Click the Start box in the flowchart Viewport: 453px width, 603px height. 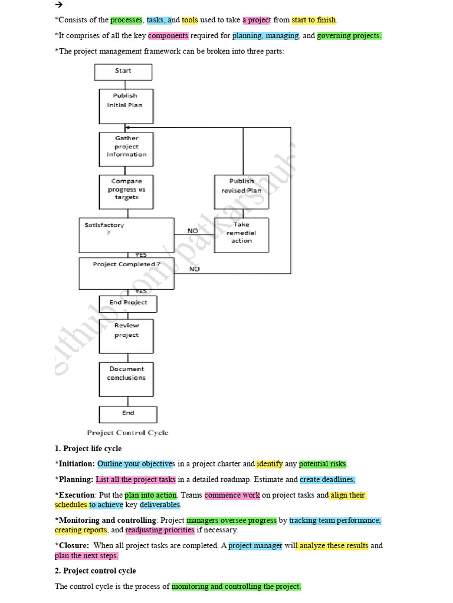tap(123, 71)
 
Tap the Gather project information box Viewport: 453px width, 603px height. tap(126, 147)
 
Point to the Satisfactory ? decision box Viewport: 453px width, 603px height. tap(126, 234)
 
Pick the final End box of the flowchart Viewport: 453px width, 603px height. tap(128, 413)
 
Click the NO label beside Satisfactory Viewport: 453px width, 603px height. tap(193, 231)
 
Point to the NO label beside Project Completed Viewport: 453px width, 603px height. tap(195, 269)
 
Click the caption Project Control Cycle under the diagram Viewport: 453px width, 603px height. tap(127, 433)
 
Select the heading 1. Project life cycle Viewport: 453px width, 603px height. tap(88, 449)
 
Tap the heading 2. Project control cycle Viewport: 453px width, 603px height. tap(95, 571)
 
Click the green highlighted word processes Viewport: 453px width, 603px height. tap(126, 20)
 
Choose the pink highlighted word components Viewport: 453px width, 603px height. tap(168, 36)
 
